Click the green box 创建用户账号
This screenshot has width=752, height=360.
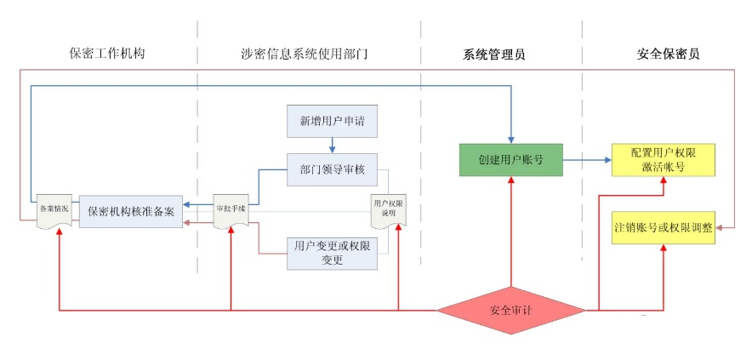pyautogui.click(x=510, y=159)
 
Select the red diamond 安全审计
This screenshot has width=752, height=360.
pyautogui.click(x=510, y=310)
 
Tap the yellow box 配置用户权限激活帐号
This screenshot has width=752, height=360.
pyautogui.click(x=663, y=159)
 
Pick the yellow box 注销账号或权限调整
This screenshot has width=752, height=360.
pyautogui.click(x=663, y=228)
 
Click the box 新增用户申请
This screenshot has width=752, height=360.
pyautogui.click(x=332, y=121)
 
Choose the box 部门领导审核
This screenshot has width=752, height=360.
pyautogui.click(x=332, y=169)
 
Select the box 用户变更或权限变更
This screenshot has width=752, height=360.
pyautogui.click(x=332, y=253)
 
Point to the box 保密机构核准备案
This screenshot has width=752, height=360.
pyautogui.click(x=131, y=211)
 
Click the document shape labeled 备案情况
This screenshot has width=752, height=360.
pyautogui.click(x=54, y=209)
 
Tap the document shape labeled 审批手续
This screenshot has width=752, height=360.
pyautogui.click(x=231, y=209)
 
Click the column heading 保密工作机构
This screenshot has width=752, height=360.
pyautogui.click(x=107, y=54)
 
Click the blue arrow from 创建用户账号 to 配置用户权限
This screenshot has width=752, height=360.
pyautogui.click(x=587, y=159)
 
